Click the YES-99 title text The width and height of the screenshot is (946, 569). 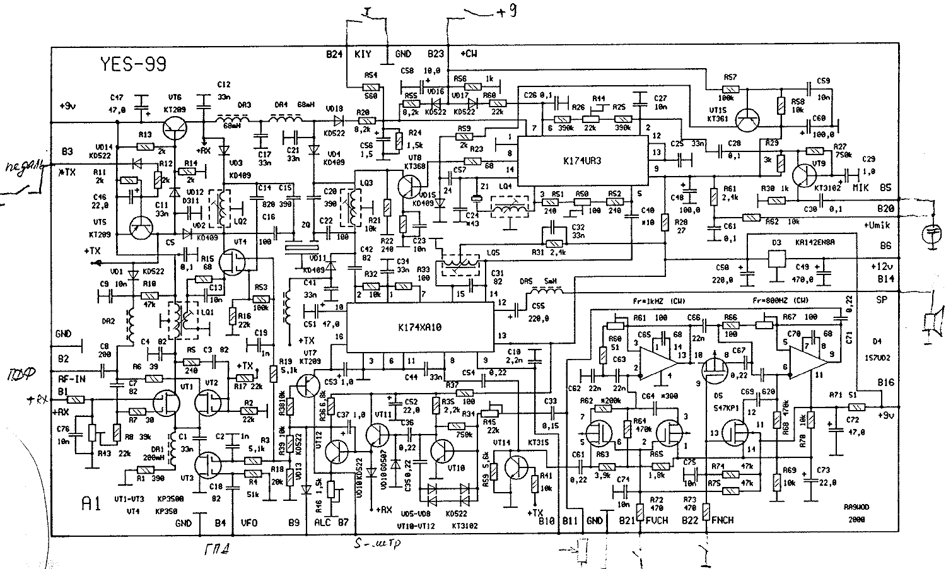click(131, 64)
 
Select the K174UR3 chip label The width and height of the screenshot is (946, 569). click(582, 161)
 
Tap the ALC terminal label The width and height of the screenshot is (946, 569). click(322, 523)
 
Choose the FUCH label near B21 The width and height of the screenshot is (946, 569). click(657, 521)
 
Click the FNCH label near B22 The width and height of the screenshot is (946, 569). click(722, 521)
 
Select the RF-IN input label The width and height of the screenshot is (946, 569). click(72, 380)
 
